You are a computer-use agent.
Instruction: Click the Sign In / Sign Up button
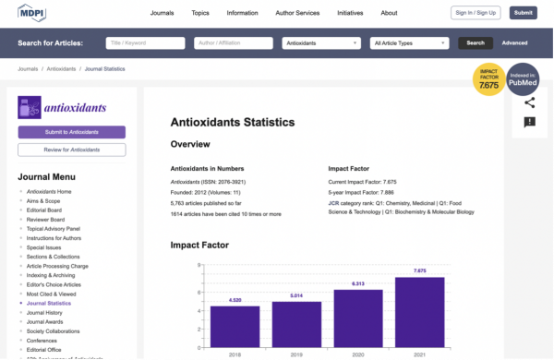click(476, 13)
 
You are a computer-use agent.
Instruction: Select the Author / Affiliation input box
click(232, 43)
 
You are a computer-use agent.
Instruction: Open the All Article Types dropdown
click(409, 43)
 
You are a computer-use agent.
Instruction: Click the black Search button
click(475, 43)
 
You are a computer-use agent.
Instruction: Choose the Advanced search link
click(514, 43)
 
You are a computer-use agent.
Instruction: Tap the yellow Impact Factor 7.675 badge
click(488, 79)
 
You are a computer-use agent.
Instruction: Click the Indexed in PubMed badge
click(523, 79)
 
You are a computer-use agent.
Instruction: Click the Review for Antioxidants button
click(71, 150)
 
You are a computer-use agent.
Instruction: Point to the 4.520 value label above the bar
click(235, 299)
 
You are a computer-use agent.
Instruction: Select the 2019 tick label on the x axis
click(295, 353)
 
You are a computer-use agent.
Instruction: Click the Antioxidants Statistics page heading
click(233, 122)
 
